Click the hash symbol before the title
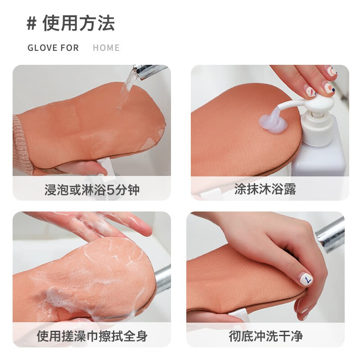coord(31,23)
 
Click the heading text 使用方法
coord(79,23)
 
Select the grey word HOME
coord(106,48)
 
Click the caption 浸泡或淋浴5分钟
coord(92,189)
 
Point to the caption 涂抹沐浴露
coord(265,189)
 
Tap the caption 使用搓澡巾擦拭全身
coord(92,336)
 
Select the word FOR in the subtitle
coord(70,48)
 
